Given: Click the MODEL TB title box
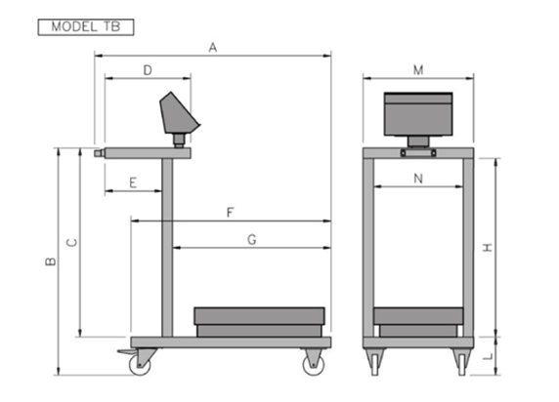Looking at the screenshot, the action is click(x=86, y=27).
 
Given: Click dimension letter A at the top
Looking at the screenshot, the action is click(x=213, y=48).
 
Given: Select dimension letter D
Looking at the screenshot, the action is click(x=148, y=70).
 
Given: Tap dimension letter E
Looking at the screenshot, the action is click(x=133, y=183).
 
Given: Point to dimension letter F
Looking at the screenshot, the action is click(x=231, y=213).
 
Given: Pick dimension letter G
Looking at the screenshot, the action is click(x=252, y=240).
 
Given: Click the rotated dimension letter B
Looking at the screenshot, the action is click(x=51, y=261).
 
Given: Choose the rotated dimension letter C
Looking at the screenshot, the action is click(x=72, y=243).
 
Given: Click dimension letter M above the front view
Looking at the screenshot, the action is click(x=418, y=70).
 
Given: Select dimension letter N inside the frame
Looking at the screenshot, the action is click(x=418, y=179).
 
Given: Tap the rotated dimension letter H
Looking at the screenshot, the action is click(x=488, y=248).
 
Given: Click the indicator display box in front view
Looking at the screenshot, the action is click(x=418, y=114).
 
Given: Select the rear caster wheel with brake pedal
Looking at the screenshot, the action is click(x=139, y=361).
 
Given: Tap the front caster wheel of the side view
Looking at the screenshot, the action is click(x=314, y=361).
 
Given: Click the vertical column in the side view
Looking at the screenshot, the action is click(x=167, y=248).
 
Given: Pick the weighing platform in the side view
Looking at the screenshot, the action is click(x=259, y=322).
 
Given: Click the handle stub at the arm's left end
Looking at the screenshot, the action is click(x=100, y=153).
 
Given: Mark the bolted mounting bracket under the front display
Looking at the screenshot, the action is click(x=418, y=153).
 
